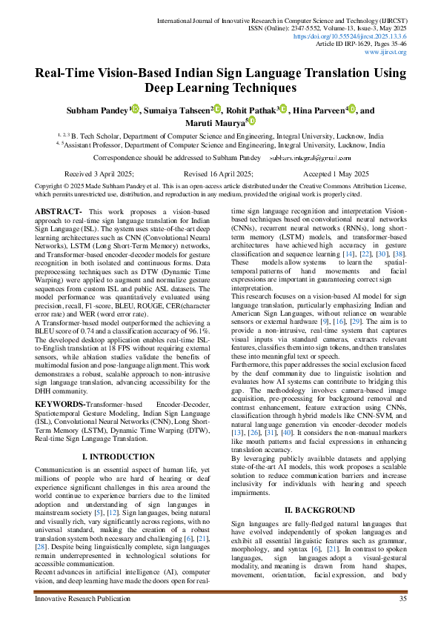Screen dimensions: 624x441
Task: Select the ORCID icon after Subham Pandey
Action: pyautogui.click(x=136, y=108)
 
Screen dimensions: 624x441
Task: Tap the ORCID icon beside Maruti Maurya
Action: pyautogui.click(x=252, y=121)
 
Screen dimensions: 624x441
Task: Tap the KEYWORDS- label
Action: pyautogui.click(x=62, y=404)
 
